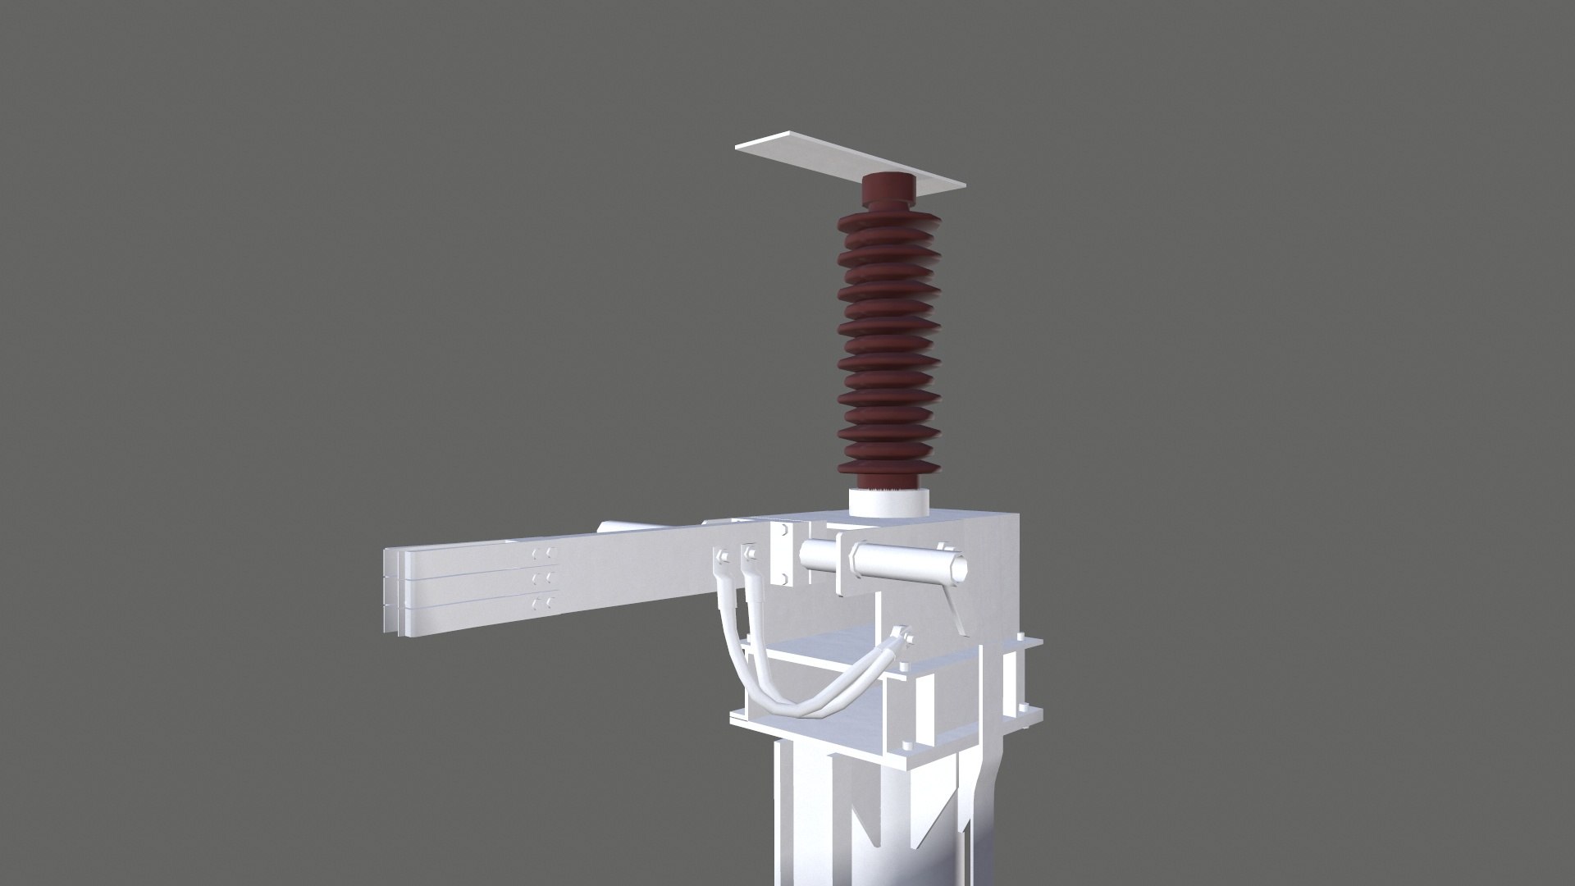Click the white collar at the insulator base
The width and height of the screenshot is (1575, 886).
pyautogui.click(x=888, y=503)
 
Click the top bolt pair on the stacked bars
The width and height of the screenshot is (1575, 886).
pyautogui.click(x=541, y=555)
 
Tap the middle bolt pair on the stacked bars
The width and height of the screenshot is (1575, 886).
pyautogui.click(x=541, y=579)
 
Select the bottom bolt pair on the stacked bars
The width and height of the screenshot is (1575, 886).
pyautogui.click(x=541, y=605)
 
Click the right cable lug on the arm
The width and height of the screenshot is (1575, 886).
pyautogui.click(x=749, y=559)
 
